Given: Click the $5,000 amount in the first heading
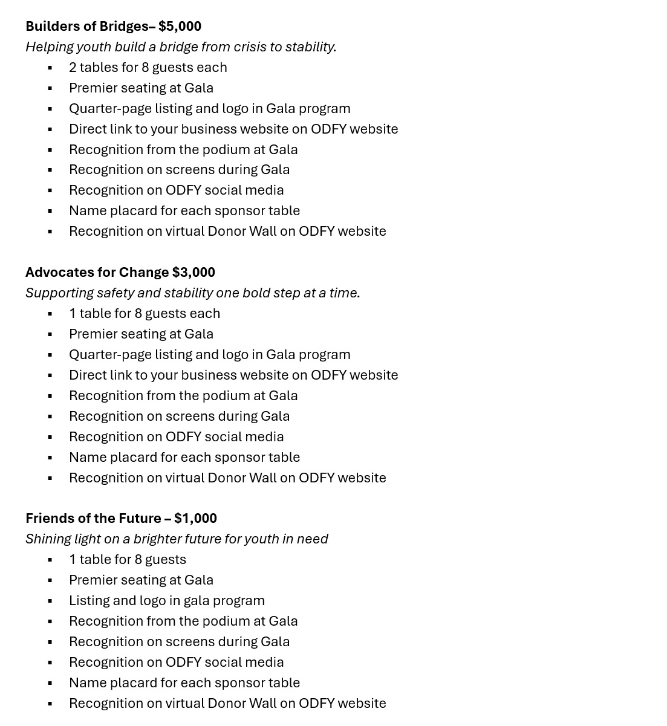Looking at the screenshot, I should [x=180, y=26].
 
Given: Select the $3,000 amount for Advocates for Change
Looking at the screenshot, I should [x=194, y=272].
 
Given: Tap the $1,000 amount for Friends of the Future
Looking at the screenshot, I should [x=195, y=518].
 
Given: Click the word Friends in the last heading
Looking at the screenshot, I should [x=48, y=518].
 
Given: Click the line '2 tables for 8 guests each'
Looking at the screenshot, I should [x=148, y=67].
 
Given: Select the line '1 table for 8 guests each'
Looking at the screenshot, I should [x=144, y=313].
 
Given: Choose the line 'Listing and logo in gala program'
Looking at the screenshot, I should [x=166, y=600].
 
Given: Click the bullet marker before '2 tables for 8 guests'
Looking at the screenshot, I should [x=50, y=68].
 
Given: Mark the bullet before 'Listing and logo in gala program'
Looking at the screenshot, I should [x=50, y=601].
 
